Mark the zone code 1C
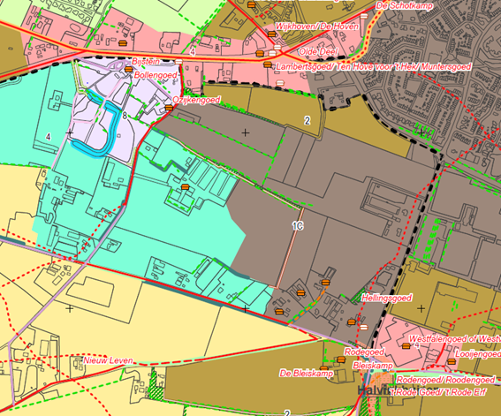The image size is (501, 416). pyautogui.click(x=299, y=226)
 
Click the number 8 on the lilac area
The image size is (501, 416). pyautogui.click(x=125, y=116)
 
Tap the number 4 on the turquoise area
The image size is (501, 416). pyautogui.click(x=49, y=136)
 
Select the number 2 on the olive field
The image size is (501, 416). pyautogui.click(x=307, y=120)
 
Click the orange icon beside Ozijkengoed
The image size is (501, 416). pyautogui.click(x=170, y=108)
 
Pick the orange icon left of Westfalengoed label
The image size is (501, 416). pyautogui.click(x=406, y=346)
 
